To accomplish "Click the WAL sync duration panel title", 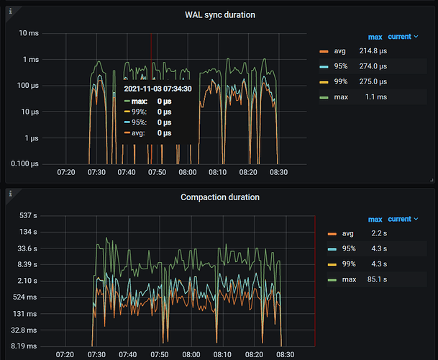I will [x=219, y=14].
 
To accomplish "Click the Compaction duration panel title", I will [x=220, y=197].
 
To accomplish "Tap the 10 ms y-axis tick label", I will [x=28, y=33].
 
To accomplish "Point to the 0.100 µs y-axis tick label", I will [x=24, y=164].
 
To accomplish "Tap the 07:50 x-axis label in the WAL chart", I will [x=157, y=173].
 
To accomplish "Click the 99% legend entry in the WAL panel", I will [x=339, y=81].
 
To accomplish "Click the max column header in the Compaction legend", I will [x=375, y=219].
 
